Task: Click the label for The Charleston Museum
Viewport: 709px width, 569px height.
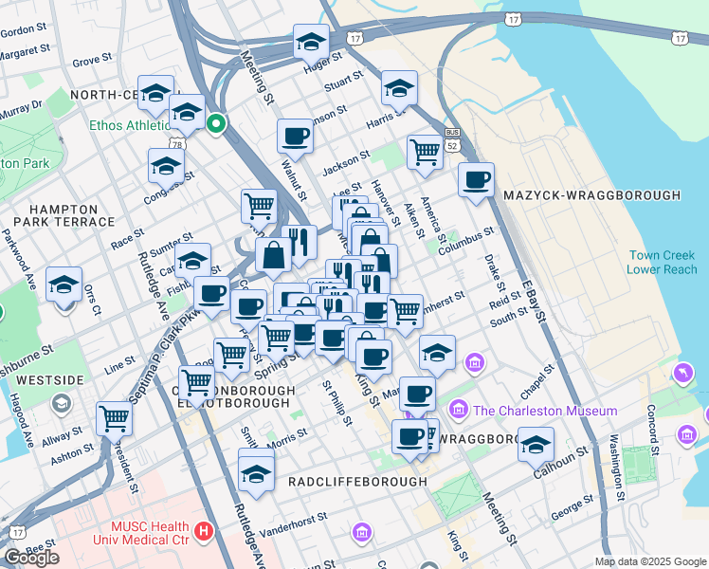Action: (x=544, y=411)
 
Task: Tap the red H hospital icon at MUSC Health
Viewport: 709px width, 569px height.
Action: (x=202, y=530)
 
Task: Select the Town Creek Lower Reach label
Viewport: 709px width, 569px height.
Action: (x=661, y=262)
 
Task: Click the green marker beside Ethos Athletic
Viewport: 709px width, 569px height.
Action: (x=216, y=123)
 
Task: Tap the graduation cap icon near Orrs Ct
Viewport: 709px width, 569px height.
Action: (x=64, y=283)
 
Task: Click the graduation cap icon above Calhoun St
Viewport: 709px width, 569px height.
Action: (x=536, y=444)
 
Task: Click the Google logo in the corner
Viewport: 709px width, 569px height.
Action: (x=31, y=558)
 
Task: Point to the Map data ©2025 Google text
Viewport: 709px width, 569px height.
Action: (x=649, y=561)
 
